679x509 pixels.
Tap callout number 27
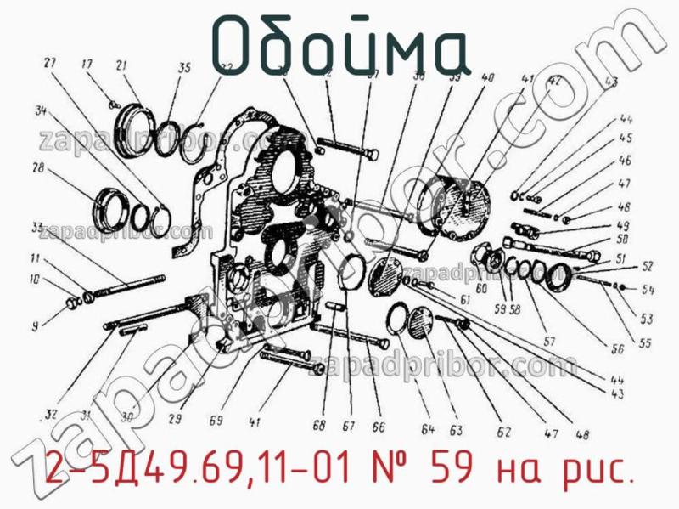[x=50, y=63]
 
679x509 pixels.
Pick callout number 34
[x=41, y=110]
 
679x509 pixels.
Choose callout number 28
[x=38, y=168]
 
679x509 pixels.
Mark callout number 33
[x=36, y=227]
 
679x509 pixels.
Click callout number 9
[x=35, y=325]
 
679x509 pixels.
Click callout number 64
[x=429, y=428]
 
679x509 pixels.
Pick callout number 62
[x=503, y=432]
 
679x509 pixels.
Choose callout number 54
[x=648, y=291]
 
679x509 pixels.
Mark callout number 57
[x=549, y=342]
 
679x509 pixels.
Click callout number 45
[x=625, y=139]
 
